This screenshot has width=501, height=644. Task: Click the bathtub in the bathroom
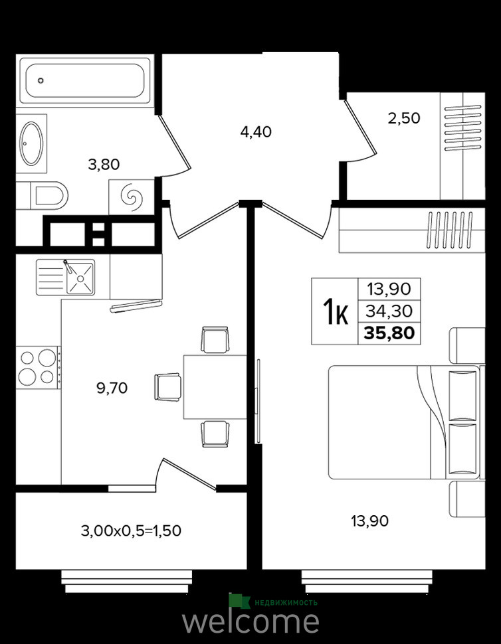[85, 80]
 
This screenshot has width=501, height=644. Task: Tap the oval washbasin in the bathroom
[31, 144]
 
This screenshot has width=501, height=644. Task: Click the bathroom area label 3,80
[104, 165]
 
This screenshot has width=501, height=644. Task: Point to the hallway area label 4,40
[256, 132]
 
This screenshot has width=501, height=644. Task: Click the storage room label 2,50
[403, 118]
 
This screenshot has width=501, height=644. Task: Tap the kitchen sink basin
[80, 278]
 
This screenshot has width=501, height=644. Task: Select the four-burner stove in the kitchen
[38, 368]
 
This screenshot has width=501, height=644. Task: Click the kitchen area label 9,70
[112, 388]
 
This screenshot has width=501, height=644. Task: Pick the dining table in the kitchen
[215, 387]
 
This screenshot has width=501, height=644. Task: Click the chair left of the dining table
[167, 387]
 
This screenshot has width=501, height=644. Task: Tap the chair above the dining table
[215, 339]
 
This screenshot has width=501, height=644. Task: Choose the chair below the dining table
[215, 434]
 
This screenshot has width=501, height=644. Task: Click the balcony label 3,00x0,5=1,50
[131, 530]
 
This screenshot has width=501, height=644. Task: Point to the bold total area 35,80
[389, 333]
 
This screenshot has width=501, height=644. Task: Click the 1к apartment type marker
[336, 311]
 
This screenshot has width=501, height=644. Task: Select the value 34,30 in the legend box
[389, 311]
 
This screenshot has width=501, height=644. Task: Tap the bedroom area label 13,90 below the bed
[369, 521]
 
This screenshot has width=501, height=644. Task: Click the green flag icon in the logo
[239, 601]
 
